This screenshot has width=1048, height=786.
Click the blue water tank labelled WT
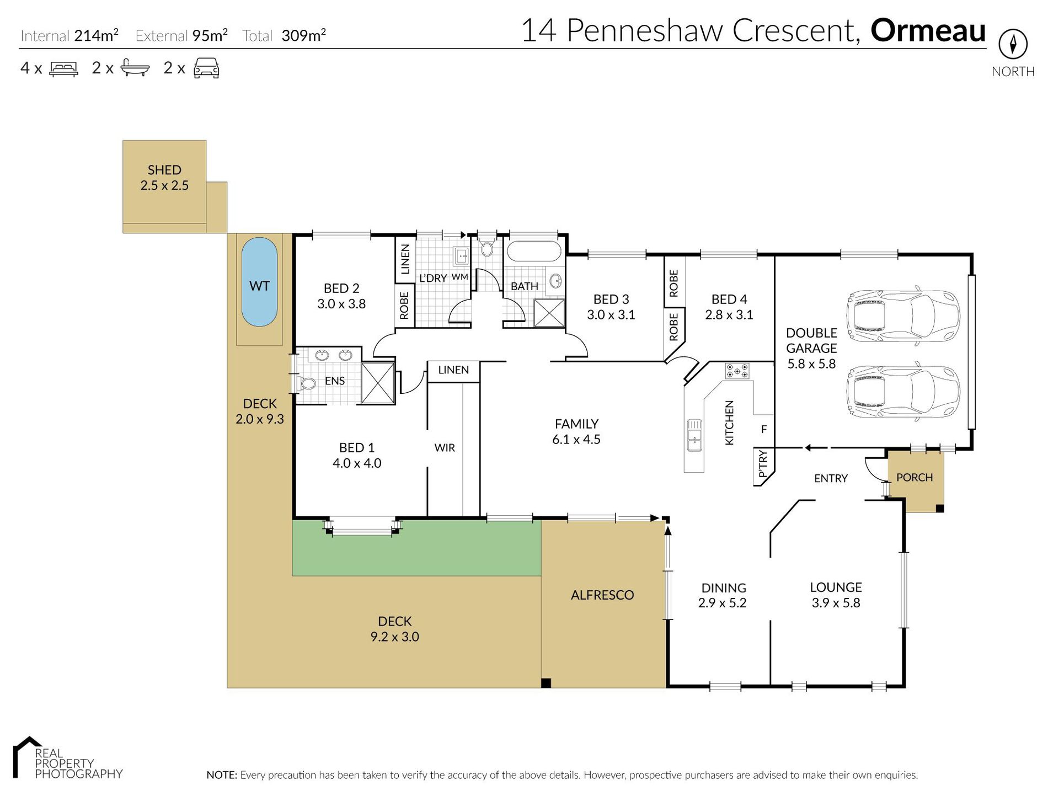point(259,282)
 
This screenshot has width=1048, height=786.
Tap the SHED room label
point(164,170)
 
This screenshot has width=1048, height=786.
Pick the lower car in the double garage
point(903,392)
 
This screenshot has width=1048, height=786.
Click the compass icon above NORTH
point(1013,44)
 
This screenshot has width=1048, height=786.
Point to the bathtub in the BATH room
point(533,251)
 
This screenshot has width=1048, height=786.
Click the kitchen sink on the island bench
point(694,435)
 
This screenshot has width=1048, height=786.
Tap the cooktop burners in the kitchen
point(737,371)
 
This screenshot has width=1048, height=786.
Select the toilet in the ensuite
point(307,382)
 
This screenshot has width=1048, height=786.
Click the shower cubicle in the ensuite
point(378,383)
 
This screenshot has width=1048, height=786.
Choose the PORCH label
point(915,478)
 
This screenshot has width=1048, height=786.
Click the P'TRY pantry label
point(763,463)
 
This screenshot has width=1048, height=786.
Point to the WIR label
point(445,448)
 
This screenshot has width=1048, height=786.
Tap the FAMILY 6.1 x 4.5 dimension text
point(576,440)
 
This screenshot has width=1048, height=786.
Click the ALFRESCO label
point(602,595)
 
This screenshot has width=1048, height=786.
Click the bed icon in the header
point(64,68)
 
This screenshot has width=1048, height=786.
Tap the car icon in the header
point(207,68)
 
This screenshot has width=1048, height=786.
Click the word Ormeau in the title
point(928,30)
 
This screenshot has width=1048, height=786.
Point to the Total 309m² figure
point(284,36)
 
